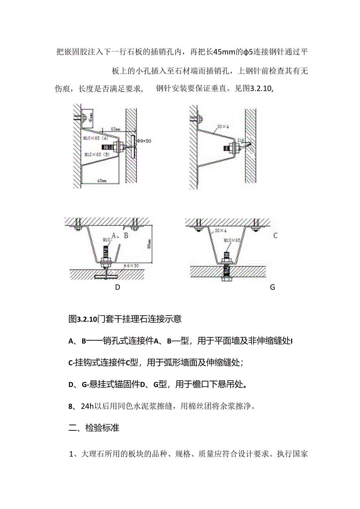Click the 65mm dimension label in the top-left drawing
coord(115,128)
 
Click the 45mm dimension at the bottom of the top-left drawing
coord(101,180)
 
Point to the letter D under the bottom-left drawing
coord(117,287)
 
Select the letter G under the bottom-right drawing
coord(272,287)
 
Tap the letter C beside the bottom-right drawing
coord(275,236)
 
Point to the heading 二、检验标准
coord(94,428)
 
